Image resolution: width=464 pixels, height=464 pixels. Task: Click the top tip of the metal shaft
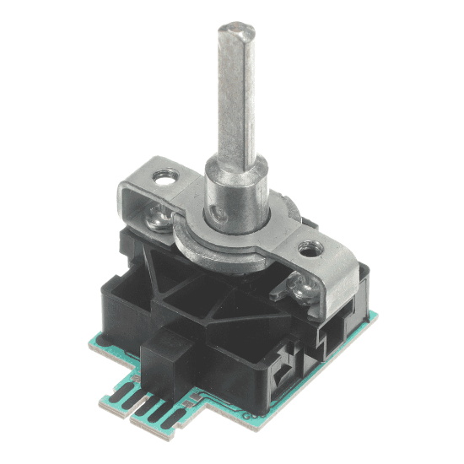(231, 31)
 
